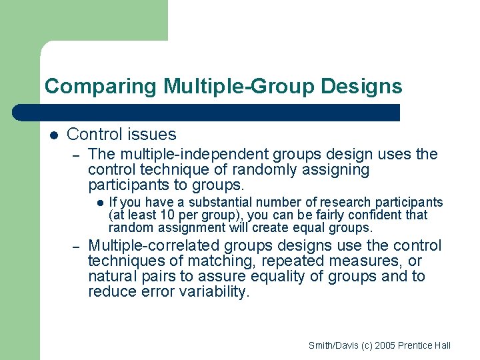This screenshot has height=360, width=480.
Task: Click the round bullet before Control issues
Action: (x=53, y=135)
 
